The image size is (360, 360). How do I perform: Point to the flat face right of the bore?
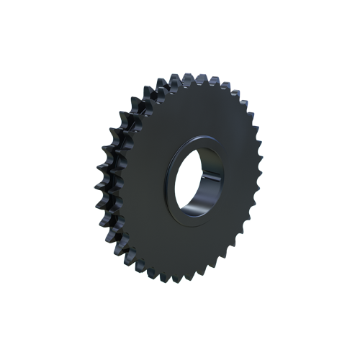click(x=238, y=180)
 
